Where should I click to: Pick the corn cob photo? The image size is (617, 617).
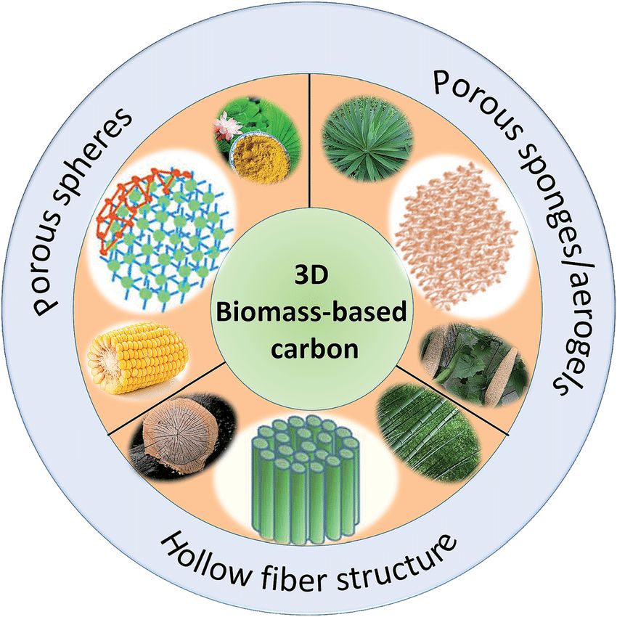138,359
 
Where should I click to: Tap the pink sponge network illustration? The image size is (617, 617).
454,236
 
